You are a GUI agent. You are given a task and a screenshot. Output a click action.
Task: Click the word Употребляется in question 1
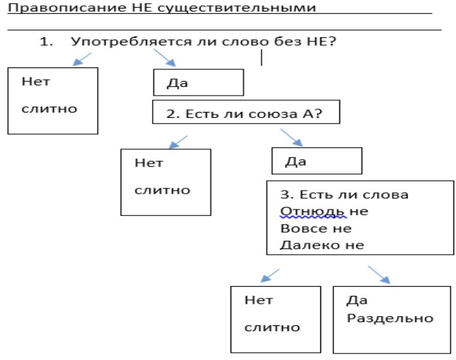(x=131, y=41)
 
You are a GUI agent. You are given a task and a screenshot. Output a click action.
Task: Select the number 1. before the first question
(x=47, y=42)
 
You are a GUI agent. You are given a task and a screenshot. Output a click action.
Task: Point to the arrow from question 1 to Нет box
(x=82, y=59)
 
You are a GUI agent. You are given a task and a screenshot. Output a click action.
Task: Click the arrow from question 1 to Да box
(x=164, y=58)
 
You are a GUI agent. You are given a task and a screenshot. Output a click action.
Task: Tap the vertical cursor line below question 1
(x=261, y=58)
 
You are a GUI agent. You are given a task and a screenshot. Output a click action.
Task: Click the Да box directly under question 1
(x=199, y=82)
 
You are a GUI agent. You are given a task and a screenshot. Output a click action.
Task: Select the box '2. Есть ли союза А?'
(x=246, y=112)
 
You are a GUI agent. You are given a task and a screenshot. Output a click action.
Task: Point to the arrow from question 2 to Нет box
(x=178, y=142)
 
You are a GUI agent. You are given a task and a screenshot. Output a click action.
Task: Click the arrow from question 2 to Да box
(x=292, y=137)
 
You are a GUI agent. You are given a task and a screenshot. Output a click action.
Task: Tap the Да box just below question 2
(x=316, y=161)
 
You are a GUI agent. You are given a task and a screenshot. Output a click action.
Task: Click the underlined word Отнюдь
(x=313, y=211)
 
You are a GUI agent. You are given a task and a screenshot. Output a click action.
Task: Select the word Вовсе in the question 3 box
(x=304, y=228)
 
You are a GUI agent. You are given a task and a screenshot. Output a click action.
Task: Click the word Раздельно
(x=390, y=319)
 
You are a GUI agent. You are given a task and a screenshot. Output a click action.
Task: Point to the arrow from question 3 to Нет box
(x=270, y=276)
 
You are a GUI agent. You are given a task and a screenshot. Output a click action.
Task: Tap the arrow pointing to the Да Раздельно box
(x=379, y=274)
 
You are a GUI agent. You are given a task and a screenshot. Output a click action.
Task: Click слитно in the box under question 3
(x=272, y=327)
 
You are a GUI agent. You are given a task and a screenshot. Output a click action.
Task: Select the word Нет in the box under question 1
(x=36, y=82)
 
